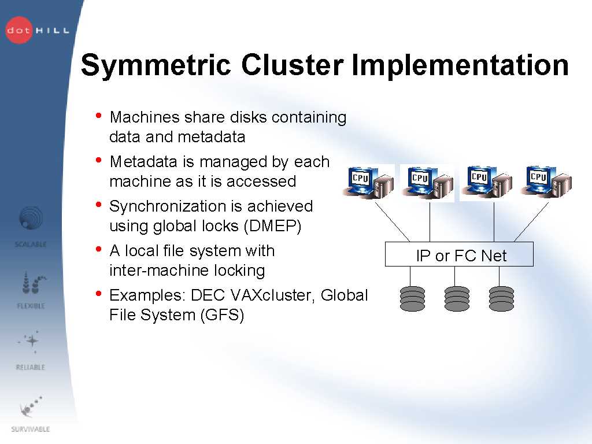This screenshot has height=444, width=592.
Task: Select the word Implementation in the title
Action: click(x=460, y=65)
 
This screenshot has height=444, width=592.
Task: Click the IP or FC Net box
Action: click(x=459, y=256)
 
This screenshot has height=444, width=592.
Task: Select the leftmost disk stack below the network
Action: click(x=412, y=299)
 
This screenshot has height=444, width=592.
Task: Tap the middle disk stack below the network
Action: click(x=457, y=299)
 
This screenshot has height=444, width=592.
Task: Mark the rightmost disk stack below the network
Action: click(x=501, y=299)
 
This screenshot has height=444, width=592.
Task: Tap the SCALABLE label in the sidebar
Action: click(x=31, y=245)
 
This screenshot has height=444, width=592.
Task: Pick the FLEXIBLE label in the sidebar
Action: click(x=31, y=306)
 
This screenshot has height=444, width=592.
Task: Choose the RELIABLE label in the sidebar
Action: click(x=31, y=367)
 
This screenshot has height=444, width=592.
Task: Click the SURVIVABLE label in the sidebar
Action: click(x=31, y=429)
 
